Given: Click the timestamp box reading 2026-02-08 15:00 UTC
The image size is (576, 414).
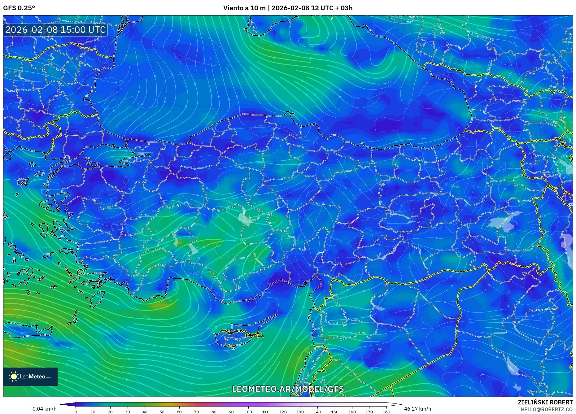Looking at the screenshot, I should coord(55,30).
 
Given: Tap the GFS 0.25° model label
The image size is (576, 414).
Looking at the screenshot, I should coord(19,8).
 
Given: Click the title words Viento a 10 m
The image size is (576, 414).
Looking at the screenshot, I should coord(244,8).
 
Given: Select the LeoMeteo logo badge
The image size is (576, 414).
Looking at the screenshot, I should coord(30,377).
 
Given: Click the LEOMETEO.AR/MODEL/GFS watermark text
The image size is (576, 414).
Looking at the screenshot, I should coord(288,389).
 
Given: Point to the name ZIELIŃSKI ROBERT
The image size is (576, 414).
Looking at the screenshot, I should coord(545,402).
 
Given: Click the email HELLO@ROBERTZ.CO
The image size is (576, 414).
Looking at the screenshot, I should coord(546,409).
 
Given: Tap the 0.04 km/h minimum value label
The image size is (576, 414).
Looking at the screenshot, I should coord(45,409).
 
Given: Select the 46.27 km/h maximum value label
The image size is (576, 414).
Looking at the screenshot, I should coord(417,409).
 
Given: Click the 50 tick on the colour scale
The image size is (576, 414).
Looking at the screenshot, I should coord(162,412).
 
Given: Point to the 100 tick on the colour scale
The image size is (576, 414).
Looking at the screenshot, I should coord(248,412).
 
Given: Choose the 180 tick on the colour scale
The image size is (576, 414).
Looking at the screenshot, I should coord(386,412).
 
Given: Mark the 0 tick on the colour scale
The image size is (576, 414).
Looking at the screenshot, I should coord(76,412).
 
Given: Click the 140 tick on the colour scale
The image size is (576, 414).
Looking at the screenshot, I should coord(317,412).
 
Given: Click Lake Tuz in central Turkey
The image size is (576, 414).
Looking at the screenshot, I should coord(245,217).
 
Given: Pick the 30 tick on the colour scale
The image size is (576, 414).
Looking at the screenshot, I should coord(127,412).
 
